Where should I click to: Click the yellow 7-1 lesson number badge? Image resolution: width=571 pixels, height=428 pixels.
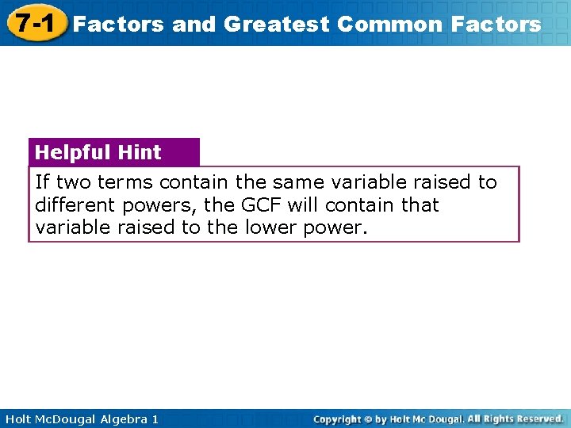[33, 23]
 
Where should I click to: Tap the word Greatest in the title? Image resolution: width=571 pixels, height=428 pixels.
[276, 24]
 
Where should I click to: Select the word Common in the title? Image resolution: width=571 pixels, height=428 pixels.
[389, 24]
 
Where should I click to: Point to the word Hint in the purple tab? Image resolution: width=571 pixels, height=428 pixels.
[140, 152]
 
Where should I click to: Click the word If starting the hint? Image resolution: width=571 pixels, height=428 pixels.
[42, 182]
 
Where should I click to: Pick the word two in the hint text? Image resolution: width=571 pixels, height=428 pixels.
[73, 182]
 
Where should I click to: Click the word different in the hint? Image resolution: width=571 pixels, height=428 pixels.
[77, 205]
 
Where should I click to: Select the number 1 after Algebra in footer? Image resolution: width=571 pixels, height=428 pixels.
[155, 418]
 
